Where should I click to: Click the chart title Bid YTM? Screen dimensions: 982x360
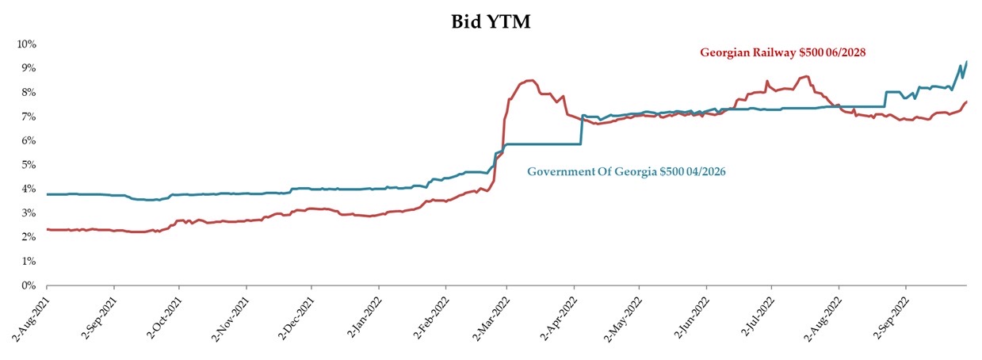[491, 22]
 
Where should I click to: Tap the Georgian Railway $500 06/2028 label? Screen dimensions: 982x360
[782, 52]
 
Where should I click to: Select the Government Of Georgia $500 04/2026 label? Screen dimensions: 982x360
[626, 171]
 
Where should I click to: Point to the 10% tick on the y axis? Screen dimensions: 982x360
[26, 44]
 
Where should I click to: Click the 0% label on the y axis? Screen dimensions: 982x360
[29, 285]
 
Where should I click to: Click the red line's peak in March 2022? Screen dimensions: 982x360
[529, 80]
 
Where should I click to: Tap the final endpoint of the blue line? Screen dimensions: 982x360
[967, 62]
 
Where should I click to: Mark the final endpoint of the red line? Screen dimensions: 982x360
[967, 101]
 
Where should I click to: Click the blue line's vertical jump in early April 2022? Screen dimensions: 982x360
[581, 130]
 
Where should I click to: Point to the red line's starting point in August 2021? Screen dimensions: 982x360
[47, 229]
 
